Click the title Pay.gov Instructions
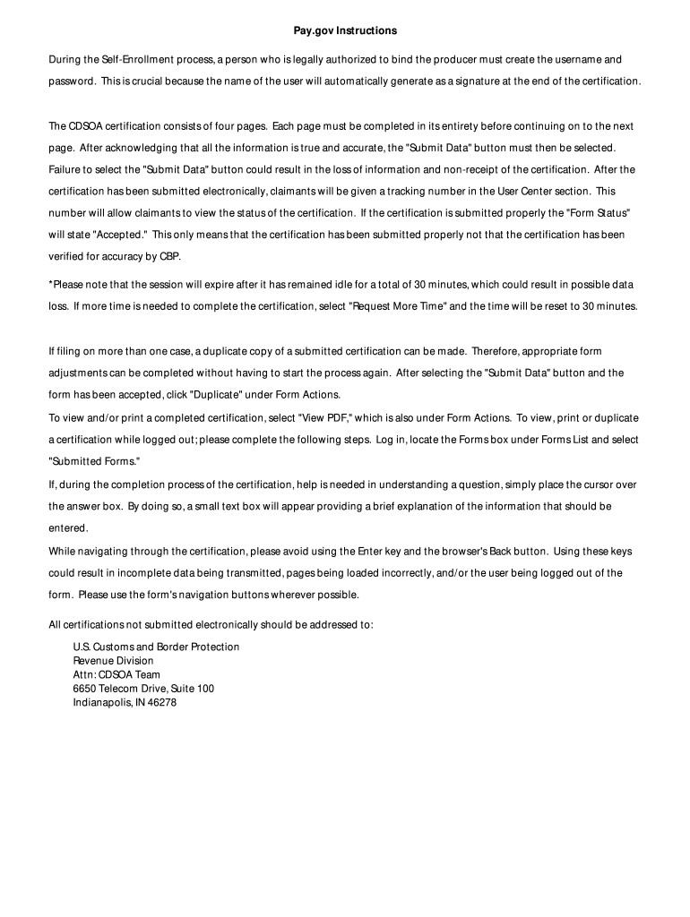[x=345, y=30]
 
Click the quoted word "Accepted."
[x=120, y=234]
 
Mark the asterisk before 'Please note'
[x=50, y=285]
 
